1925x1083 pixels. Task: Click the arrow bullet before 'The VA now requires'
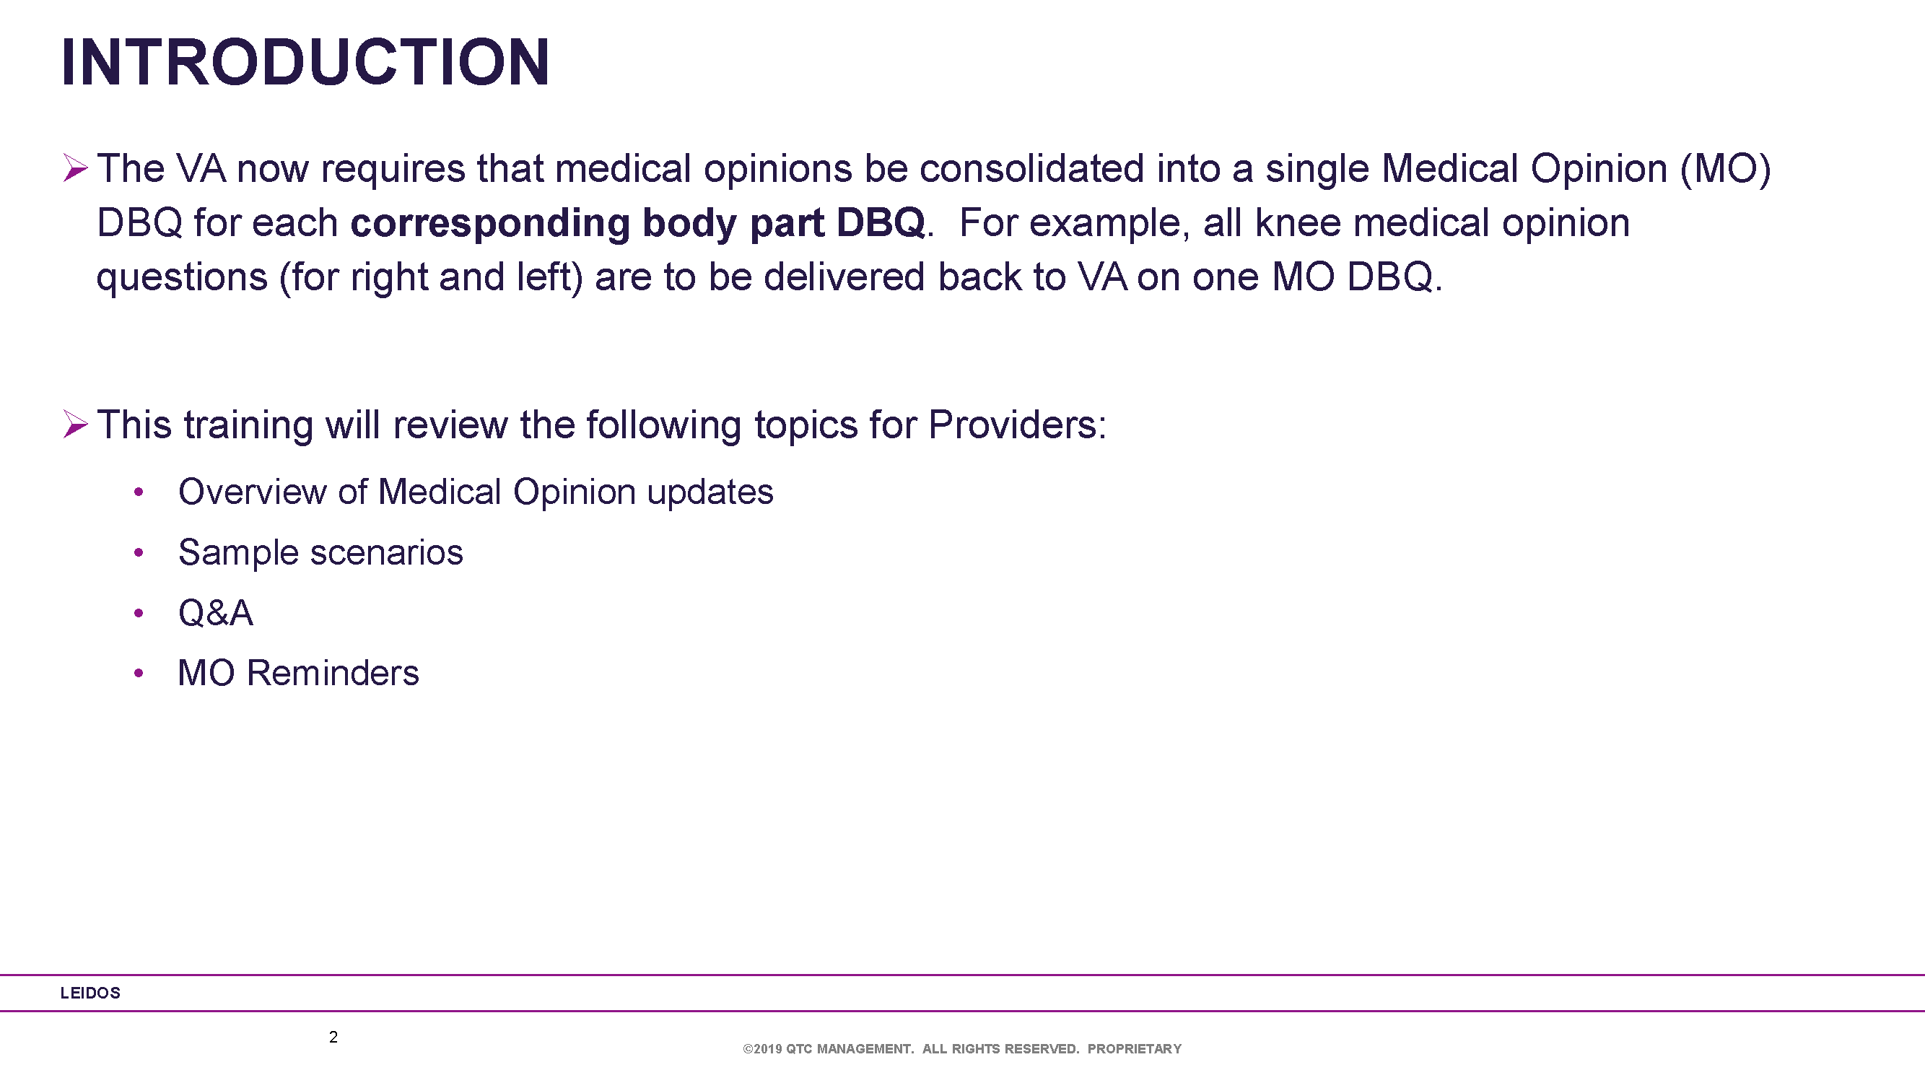(76, 168)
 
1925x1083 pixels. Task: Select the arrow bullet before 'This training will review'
(76, 424)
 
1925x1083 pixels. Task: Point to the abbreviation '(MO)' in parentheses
(1725, 169)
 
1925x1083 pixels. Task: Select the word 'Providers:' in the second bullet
(1017, 425)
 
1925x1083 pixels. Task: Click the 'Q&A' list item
(215, 613)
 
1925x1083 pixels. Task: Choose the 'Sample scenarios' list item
(320, 552)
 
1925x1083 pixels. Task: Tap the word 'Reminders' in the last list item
(333, 673)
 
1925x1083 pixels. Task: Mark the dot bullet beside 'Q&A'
(139, 613)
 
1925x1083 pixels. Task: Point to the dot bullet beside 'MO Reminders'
(139, 673)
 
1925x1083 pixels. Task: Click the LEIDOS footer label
(90, 993)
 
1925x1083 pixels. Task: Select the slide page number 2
(333, 1037)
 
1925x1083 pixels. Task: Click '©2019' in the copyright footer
(762, 1048)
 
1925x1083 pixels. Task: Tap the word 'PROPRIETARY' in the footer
(1135, 1048)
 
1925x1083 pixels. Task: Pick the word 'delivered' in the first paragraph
(844, 277)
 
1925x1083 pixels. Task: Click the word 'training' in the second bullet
(249, 425)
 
